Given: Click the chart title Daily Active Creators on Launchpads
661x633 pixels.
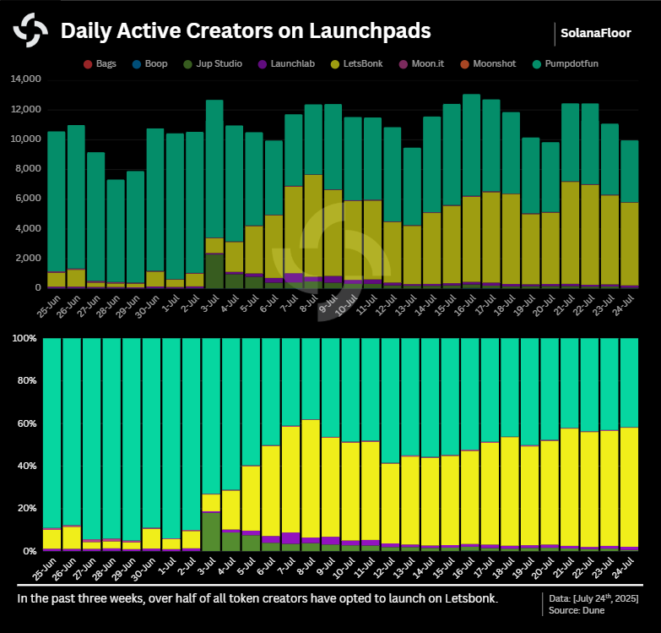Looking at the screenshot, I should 246,31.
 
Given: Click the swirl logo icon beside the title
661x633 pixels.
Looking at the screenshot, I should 30,31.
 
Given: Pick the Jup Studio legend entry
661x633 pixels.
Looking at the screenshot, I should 216,63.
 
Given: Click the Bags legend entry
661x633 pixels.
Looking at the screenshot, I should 100,63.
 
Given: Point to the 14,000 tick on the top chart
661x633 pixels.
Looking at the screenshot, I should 24,79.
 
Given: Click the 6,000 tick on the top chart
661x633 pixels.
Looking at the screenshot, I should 27,199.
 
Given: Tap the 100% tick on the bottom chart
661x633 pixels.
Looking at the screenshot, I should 24,339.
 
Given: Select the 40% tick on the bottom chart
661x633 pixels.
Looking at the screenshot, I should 25,466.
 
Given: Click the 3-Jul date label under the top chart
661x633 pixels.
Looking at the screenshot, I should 211,302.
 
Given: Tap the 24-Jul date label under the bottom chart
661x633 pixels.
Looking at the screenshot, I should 626,565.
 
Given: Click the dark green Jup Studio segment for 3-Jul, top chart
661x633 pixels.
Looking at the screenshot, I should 214,270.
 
